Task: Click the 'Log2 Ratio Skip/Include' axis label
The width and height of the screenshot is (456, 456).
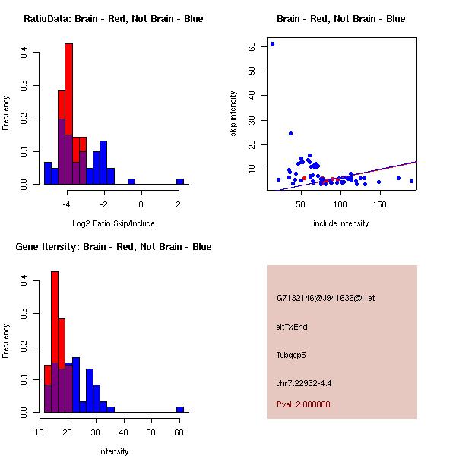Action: coord(113,223)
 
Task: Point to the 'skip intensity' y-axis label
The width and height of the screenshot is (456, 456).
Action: coord(233,114)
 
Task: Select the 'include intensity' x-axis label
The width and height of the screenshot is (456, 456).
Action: coord(340,223)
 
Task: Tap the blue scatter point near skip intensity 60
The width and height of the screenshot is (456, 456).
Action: coord(272,43)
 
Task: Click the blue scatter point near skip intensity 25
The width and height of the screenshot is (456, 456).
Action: coord(290,134)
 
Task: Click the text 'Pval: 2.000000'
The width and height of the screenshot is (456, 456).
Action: coord(303,404)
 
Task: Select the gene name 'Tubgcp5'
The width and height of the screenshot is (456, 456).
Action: coord(291,355)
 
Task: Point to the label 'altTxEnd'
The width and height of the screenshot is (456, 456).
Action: coord(292,327)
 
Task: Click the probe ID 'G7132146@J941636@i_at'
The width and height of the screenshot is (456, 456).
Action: coord(325,298)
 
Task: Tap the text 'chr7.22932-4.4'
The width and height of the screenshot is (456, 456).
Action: coord(304,383)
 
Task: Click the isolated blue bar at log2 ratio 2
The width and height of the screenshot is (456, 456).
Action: coord(180,182)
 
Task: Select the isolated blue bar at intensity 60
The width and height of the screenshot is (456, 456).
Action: coord(180,409)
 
